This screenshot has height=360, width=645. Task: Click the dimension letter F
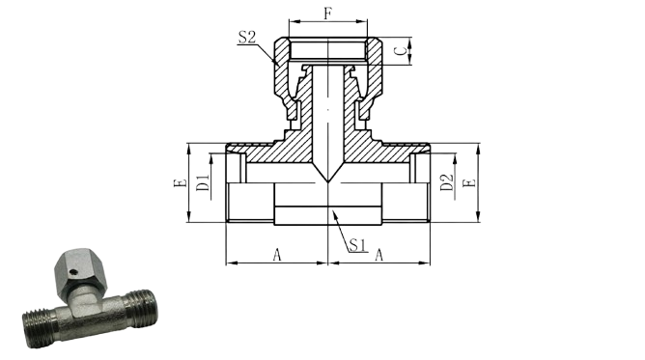[x=327, y=14]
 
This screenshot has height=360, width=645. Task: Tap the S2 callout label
[x=247, y=37]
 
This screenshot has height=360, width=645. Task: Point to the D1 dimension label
[x=203, y=182]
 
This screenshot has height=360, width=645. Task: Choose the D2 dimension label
[x=447, y=182]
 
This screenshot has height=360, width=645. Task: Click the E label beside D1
[x=181, y=182]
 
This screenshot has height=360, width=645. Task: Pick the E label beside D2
[x=469, y=182]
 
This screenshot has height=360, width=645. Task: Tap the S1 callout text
[x=357, y=245]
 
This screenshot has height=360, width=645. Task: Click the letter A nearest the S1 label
[x=379, y=255]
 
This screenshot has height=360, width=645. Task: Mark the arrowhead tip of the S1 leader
[x=333, y=210]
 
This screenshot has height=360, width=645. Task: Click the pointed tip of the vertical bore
[x=328, y=181]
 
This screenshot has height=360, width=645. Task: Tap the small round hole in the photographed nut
[x=72, y=271]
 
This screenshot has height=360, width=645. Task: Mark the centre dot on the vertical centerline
[x=328, y=110]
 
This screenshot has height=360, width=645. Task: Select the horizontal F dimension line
[x=328, y=21]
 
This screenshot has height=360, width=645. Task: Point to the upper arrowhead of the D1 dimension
[x=211, y=157]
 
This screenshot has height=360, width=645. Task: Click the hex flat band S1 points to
[x=328, y=215]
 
